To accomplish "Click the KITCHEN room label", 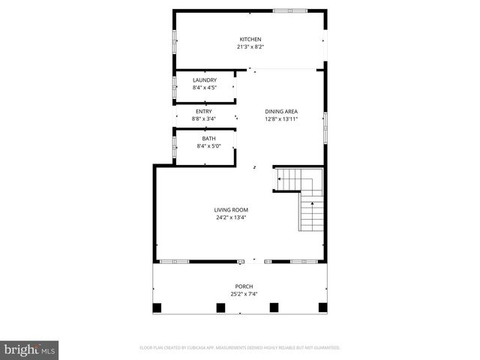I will [x=250, y=40].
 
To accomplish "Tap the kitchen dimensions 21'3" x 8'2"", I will [x=250, y=46].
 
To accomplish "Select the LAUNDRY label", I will [x=205, y=80].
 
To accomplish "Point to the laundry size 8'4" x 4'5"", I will [x=205, y=87].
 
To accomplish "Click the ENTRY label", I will [x=204, y=112].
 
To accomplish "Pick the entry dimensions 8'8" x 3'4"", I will [x=204, y=118].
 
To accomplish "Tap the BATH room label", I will [x=208, y=139].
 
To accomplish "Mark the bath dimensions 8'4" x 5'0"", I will [x=208, y=145].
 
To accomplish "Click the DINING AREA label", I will [x=281, y=112].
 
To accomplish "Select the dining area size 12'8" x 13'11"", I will [x=281, y=118].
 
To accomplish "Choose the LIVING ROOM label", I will [x=231, y=210].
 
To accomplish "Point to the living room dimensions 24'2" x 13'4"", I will [x=231, y=217].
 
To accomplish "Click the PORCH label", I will [x=244, y=286].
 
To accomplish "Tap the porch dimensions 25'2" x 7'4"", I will [x=244, y=293].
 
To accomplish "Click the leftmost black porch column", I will [x=157, y=307].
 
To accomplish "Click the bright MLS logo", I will [x=30, y=349].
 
